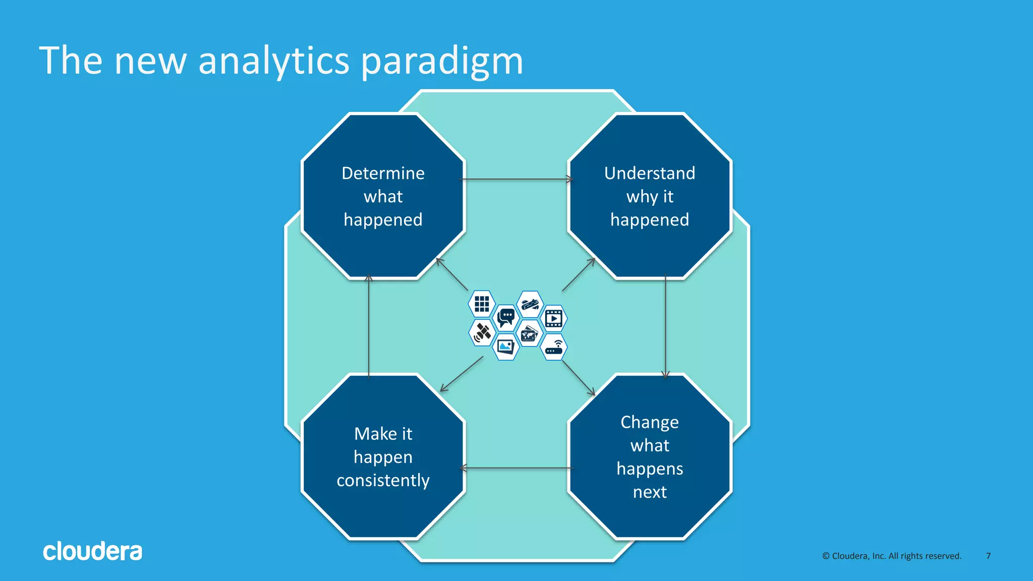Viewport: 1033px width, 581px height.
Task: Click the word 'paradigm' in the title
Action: (442, 62)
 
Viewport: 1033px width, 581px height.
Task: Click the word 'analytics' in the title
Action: (273, 62)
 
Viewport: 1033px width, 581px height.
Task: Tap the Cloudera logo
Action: (92, 551)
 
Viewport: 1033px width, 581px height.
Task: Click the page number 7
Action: (988, 556)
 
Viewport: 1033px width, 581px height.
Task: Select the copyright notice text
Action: (892, 556)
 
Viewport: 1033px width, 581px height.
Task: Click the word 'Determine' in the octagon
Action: (383, 173)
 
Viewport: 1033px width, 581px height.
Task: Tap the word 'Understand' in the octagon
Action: (650, 173)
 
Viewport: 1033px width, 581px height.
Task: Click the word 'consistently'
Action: (383, 480)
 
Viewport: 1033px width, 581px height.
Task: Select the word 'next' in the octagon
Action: (650, 492)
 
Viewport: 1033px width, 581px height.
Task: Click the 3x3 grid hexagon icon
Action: (482, 304)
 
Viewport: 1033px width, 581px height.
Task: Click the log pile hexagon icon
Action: (530, 304)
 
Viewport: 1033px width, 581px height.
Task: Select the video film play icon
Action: (554, 318)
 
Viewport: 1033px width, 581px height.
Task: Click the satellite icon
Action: (482, 332)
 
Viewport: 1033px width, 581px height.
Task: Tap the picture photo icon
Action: (506, 346)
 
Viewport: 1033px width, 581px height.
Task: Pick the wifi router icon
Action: (554, 347)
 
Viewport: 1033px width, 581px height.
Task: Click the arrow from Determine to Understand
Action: (516, 179)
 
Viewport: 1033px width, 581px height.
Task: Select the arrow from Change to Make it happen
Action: (516, 468)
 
